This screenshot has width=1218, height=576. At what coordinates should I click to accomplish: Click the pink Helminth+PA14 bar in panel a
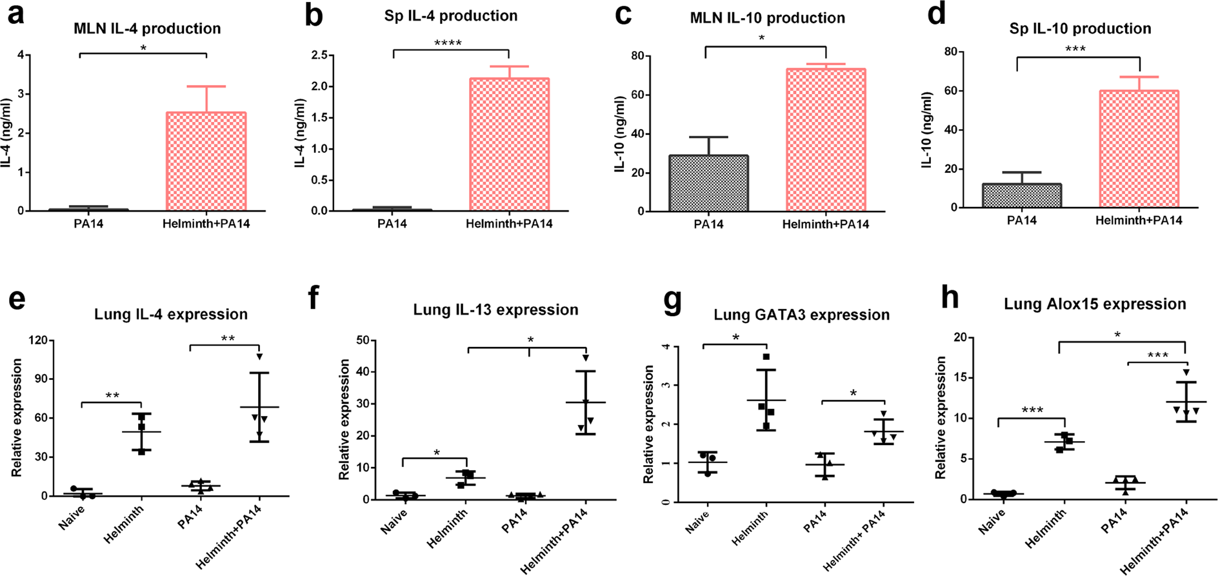click(x=206, y=161)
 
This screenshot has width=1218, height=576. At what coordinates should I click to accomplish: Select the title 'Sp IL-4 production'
click(x=450, y=15)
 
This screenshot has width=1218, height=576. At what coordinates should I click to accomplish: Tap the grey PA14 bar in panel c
click(x=708, y=183)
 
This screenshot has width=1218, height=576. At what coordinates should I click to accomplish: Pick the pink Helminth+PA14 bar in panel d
click(x=1139, y=149)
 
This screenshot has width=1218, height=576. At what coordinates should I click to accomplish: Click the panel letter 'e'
click(x=17, y=301)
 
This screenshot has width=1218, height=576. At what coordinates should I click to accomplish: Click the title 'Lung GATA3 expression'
click(x=801, y=315)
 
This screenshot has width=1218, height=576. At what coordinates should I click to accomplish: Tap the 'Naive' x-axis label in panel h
click(x=992, y=521)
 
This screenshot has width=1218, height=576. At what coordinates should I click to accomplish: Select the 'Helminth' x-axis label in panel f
click(x=447, y=528)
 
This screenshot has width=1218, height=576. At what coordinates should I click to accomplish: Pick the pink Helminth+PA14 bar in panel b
click(x=509, y=144)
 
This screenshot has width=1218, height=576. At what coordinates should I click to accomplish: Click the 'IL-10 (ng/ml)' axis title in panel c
click(x=621, y=134)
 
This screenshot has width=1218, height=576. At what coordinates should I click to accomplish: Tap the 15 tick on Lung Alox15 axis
click(x=960, y=378)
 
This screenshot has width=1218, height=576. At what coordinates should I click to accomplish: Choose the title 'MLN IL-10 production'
click(x=767, y=18)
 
